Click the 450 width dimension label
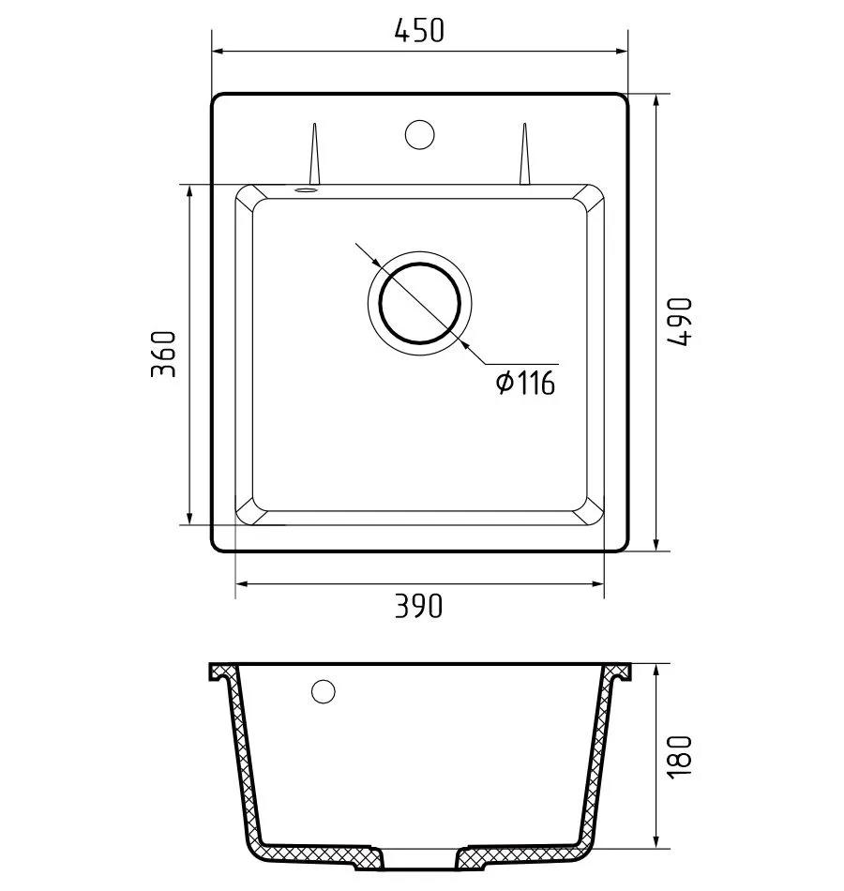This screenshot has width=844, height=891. click(419, 31)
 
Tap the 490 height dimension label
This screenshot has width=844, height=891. click(680, 322)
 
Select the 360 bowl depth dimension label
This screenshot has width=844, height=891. click(164, 354)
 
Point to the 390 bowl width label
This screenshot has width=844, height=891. click(418, 606)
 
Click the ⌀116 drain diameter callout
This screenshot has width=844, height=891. click(525, 383)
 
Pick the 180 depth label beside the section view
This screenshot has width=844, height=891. click(680, 757)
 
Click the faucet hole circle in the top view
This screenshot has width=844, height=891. click(419, 135)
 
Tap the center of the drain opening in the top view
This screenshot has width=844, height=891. click(419, 303)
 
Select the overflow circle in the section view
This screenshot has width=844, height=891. click(323, 691)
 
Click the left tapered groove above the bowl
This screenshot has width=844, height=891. click(314, 154)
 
